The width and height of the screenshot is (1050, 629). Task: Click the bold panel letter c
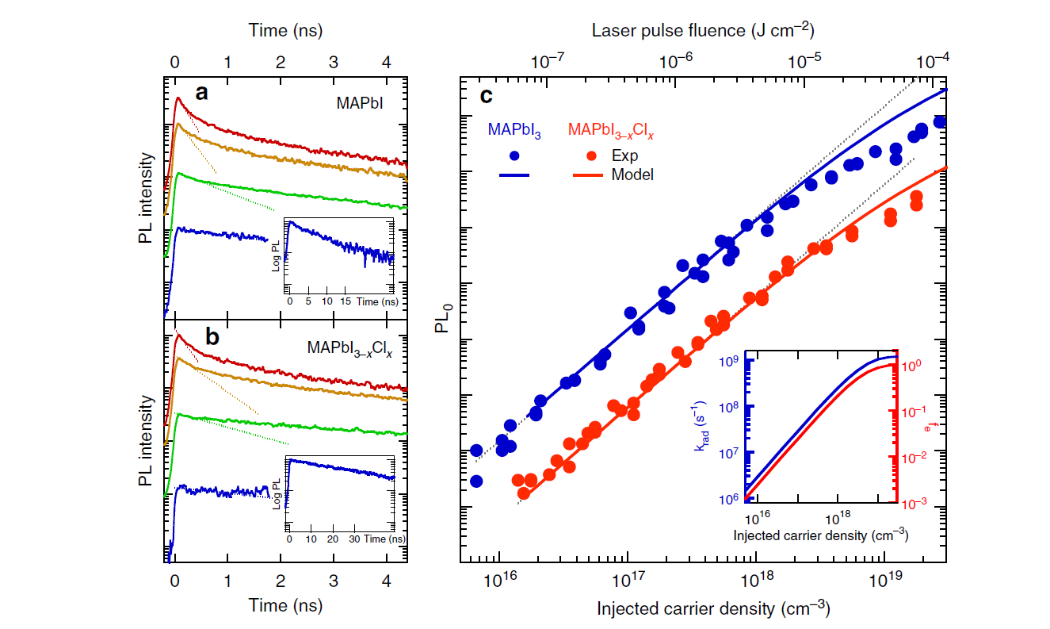(x=487, y=96)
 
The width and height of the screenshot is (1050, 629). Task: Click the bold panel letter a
(x=202, y=93)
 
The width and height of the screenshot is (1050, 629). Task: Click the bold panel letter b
(x=212, y=336)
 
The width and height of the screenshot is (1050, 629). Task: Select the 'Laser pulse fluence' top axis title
(x=704, y=31)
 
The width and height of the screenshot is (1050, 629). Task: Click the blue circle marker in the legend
(x=515, y=156)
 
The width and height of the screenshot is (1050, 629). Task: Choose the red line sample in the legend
(x=587, y=175)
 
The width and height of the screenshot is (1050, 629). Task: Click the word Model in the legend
(x=632, y=175)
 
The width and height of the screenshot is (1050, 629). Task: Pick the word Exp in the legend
(x=624, y=156)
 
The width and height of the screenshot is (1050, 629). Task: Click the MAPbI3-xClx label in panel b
(x=350, y=347)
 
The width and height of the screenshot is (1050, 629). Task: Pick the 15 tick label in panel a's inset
(x=345, y=303)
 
